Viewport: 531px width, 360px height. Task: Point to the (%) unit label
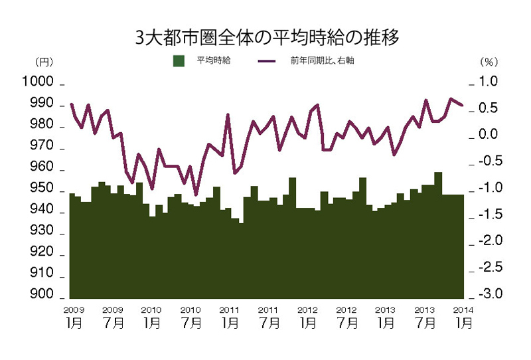[489, 62]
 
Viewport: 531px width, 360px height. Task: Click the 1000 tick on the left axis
[38, 82]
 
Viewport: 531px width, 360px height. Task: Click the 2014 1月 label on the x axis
[463, 317]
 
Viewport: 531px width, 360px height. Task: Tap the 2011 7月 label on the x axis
[268, 317]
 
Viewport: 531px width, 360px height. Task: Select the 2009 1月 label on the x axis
[74, 317]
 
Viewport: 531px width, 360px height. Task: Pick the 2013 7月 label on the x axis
[425, 317]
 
